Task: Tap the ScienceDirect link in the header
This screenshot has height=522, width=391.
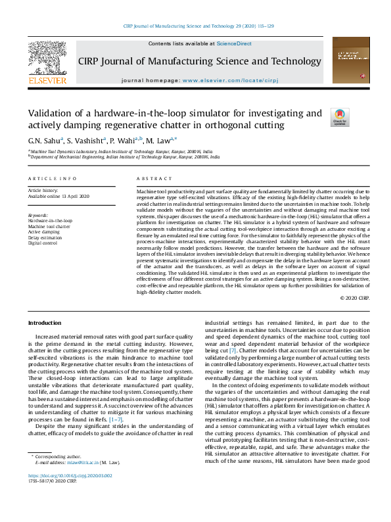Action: (x=235, y=43)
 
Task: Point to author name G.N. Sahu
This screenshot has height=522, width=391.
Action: (x=44, y=140)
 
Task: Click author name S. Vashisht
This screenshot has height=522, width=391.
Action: (x=85, y=140)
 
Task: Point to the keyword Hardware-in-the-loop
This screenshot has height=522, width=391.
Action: (x=51, y=221)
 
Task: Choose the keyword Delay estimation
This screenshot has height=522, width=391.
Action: (x=45, y=237)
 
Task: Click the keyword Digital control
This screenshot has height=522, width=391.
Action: (x=43, y=243)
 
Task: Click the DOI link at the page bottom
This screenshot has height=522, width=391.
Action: (x=70, y=493)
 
